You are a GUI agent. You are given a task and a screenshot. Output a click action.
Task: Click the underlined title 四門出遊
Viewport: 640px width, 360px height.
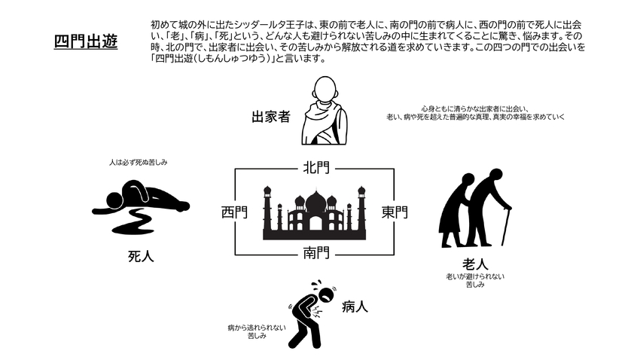coord(85,41)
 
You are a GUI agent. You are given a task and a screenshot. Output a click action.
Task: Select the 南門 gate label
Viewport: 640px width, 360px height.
coord(315,252)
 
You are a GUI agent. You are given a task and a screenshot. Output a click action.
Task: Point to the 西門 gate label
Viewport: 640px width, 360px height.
coord(233,212)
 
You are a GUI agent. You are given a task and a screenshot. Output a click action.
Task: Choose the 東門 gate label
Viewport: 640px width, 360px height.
coord(395,212)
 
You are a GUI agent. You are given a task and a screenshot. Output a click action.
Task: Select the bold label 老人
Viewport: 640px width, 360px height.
coord(475,264)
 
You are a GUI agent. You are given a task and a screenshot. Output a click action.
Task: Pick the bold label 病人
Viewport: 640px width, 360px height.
coord(355,307)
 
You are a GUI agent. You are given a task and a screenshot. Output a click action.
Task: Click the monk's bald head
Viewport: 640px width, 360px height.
coord(325,88)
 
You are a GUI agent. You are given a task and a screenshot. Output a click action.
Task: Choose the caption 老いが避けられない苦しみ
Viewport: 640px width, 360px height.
coord(475,281)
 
